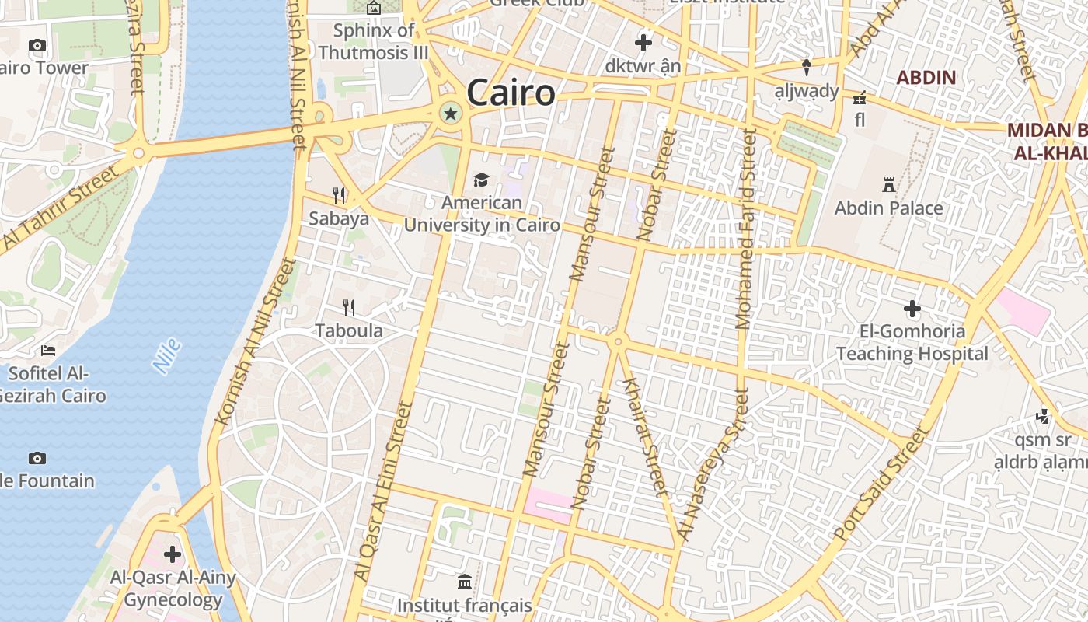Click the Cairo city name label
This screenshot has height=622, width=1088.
pyautogui.click(x=511, y=93)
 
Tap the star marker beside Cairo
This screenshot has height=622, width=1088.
pyautogui.click(x=450, y=114)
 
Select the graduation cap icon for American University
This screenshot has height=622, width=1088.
pyautogui.click(x=482, y=180)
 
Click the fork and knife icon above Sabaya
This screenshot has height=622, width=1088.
pyautogui.click(x=339, y=195)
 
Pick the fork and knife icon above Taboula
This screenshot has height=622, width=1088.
pyautogui.click(x=349, y=308)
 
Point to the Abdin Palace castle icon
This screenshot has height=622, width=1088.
pyautogui.click(x=889, y=185)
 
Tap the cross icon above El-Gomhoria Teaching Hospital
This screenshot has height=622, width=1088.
pyautogui.click(x=912, y=309)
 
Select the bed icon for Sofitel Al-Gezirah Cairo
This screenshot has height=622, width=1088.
pyautogui.click(x=48, y=350)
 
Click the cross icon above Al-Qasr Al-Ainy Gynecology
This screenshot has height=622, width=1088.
pyautogui.click(x=173, y=554)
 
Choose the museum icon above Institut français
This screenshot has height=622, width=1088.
pyautogui.click(x=465, y=582)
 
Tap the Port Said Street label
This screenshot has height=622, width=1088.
pyautogui.click(x=881, y=484)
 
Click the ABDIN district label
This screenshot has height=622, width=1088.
pyautogui.click(x=926, y=78)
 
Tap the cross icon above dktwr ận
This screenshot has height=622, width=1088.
pyautogui.click(x=643, y=43)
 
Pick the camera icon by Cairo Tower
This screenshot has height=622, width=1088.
pyautogui.click(x=37, y=46)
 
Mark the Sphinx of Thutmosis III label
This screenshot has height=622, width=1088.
pyautogui.click(x=374, y=42)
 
